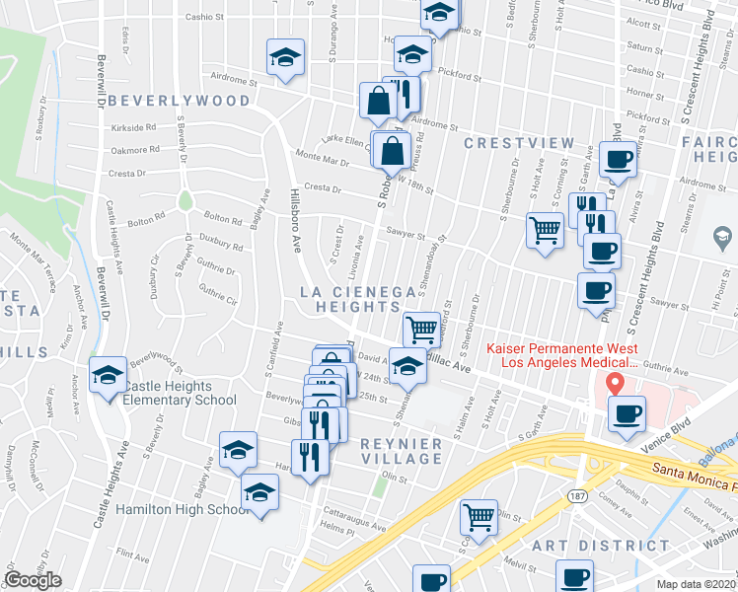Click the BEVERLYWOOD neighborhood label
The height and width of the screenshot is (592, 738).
(x=179, y=102)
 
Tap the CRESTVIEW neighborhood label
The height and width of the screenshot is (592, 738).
(x=519, y=144)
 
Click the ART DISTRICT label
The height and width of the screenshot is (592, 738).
(x=579, y=546)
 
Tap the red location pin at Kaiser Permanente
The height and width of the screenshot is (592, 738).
(x=617, y=383)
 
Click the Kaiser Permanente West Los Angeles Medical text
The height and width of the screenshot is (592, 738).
(x=558, y=357)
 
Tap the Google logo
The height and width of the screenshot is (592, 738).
(x=33, y=580)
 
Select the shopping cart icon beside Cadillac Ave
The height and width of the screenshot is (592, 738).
(x=421, y=328)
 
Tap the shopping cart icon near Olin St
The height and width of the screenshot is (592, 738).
(x=479, y=515)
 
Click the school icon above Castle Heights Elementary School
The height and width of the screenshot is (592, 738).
(x=108, y=374)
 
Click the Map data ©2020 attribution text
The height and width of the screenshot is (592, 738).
(x=697, y=584)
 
